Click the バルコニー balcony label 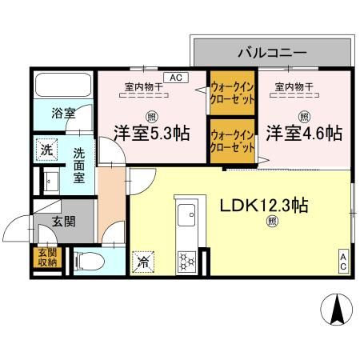271,53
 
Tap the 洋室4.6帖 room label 305,132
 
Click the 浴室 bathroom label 64,114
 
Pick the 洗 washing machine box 46,149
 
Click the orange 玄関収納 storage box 45,257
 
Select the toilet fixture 87,259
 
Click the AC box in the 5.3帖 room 175,77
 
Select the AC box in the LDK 343,259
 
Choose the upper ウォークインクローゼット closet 232,94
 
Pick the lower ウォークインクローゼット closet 232,142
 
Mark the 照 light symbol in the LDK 272,221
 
